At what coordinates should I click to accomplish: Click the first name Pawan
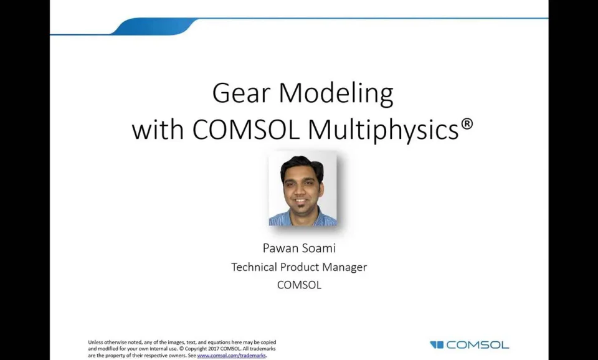click(281, 248)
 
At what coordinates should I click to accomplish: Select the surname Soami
click(319, 248)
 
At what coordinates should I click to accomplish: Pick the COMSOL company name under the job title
click(299, 285)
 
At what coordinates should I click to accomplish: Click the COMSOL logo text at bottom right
click(478, 344)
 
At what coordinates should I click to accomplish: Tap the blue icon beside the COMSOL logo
click(437, 344)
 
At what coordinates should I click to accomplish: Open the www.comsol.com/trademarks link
click(231, 356)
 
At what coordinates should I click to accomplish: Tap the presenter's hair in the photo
click(301, 163)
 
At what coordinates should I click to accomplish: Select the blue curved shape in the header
click(156, 26)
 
